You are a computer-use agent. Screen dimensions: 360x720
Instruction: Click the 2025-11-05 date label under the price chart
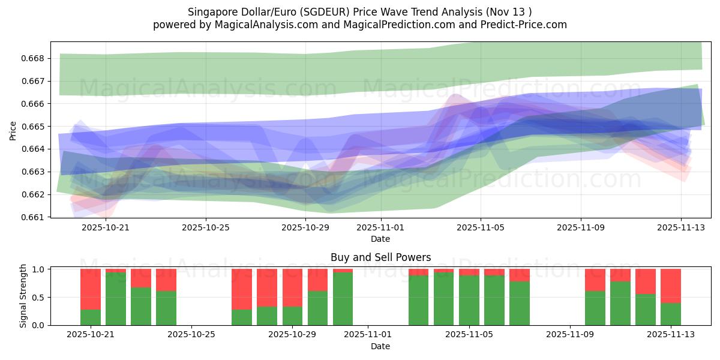(x=481, y=228)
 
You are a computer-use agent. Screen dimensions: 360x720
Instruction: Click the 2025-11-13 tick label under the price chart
(x=680, y=228)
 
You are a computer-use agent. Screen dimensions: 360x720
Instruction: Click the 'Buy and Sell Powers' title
(x=380, y=257)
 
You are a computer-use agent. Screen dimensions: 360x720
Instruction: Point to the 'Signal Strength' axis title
(x=23, y=296)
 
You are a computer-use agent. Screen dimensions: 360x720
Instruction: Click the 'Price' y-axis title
(x=13, y=130)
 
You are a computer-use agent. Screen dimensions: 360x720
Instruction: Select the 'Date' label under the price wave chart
(x=380, y=239)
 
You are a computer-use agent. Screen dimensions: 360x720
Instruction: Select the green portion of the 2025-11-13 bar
(x=671, y=314)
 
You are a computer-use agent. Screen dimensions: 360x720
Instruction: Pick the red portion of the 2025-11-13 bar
(x=671, y=286)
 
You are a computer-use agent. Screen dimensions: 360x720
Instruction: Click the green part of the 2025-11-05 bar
(x=469, y=300)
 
